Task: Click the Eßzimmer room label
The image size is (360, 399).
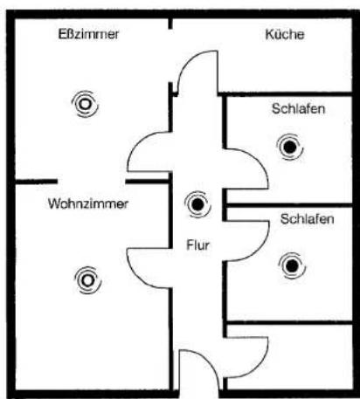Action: (88, 34)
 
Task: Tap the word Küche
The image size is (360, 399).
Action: (285, 34)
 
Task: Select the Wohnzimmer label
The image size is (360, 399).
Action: (88, 203)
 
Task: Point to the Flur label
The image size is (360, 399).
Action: (197, 245)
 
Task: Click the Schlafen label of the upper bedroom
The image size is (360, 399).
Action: (298, 109)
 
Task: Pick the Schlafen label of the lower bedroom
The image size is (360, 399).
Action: (307, 219)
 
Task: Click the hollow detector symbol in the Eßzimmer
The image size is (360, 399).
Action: (85, 104)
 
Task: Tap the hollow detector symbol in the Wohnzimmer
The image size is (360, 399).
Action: (87, 280)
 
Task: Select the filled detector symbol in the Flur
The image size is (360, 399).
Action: (197, 204)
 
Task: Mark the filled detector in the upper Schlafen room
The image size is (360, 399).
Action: (290, 147)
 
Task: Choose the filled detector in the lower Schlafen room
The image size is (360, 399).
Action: (292, 265)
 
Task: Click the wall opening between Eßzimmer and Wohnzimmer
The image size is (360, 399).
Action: (91, 182)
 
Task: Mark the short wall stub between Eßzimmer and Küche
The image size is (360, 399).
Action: (170, 24)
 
